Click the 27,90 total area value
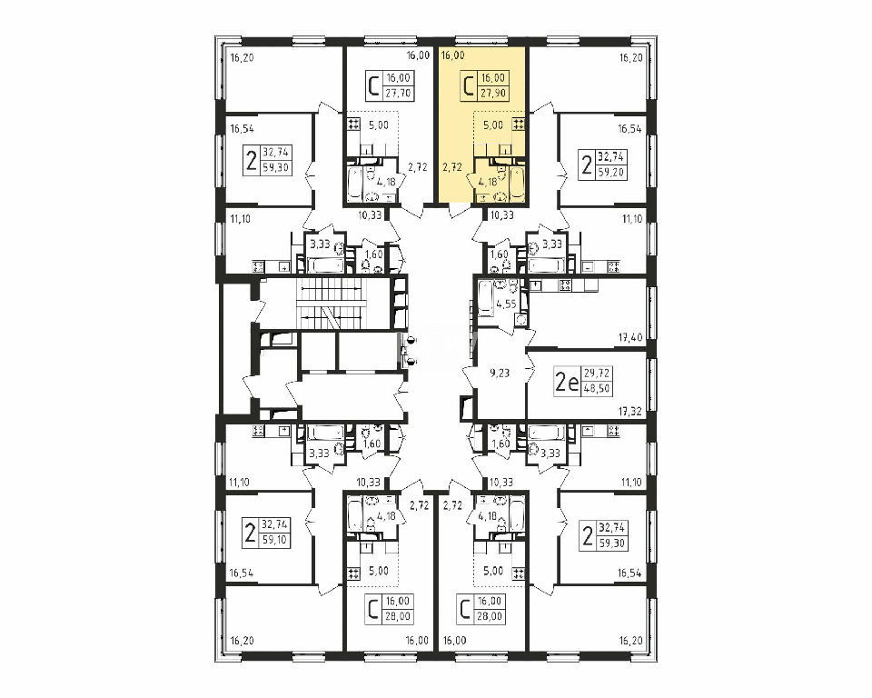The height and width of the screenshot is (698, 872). tap(494, 93)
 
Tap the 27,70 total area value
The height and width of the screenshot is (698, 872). tap(398, 93)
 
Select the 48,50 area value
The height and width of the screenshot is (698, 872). tap(598, 388)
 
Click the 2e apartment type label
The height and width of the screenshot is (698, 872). tap(567, 382)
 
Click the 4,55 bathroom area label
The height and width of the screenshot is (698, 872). tap(507, 304)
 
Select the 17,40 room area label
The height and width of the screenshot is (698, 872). tap(630, 337)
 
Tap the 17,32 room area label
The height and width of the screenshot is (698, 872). tap(630, 411)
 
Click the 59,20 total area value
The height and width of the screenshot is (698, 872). tap(611, 172)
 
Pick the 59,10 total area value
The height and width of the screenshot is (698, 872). tap(276, 539)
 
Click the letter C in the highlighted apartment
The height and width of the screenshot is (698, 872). tap(469, 86)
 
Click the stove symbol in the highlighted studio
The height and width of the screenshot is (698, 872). tap(519, 125)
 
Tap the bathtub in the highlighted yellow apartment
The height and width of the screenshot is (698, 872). tap(517, 182)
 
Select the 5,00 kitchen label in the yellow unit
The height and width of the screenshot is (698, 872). tap(492, 125)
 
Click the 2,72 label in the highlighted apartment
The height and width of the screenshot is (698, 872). tap(451, 166)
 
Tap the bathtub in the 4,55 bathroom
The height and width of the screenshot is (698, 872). tap(485, 299)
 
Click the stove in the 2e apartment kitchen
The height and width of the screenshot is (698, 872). tap(565, 285)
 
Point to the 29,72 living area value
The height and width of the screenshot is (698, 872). tap(598, 373)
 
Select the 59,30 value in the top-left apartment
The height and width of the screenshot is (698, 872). tap(276, 166)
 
